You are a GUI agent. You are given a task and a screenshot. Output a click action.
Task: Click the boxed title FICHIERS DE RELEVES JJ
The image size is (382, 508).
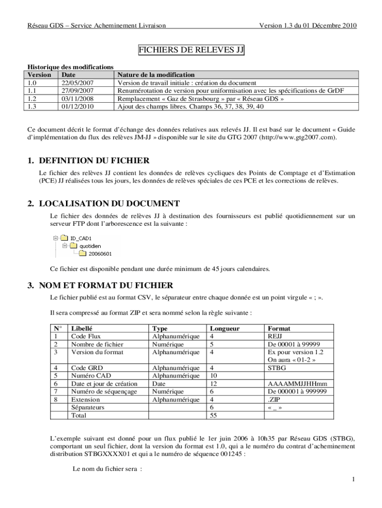(x=191, y=50)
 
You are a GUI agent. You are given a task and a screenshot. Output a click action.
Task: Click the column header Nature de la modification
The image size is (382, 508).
(x=156, y=75)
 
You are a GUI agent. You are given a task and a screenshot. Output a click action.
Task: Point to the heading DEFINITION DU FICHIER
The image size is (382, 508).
(x=94, y=161)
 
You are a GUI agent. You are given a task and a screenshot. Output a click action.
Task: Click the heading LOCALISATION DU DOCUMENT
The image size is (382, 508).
(x=109, y=204)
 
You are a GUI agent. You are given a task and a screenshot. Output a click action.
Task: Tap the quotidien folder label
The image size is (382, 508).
(x=90, y=246)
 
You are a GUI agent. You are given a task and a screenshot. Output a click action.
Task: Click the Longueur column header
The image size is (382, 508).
(x=225, y=328)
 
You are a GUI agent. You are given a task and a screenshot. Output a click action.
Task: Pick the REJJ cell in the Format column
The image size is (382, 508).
(x=275, y=336)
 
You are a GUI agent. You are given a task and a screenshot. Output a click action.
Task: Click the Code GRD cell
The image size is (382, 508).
(x=87, y=368)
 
